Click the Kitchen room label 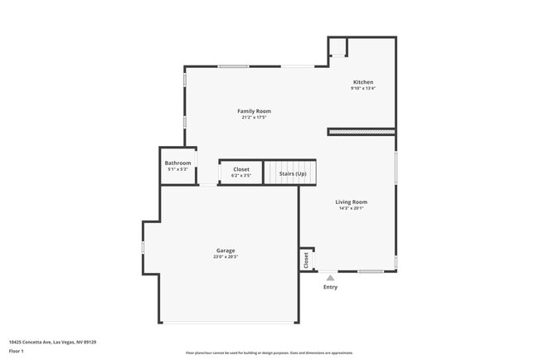[363, 82]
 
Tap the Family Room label [254, 111]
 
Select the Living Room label [351, 202]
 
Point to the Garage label [226, 251]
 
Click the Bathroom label [177, 163]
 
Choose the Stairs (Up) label [292, 173]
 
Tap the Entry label [330, 287]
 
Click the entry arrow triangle [330, 278]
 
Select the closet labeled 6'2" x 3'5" [240, 172]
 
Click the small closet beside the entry [306, 260]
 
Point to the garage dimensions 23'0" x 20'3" [226, 257]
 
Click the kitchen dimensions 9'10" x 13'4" [363, 89]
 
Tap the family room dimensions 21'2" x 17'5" [254, 118]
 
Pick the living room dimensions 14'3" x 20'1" [351, 208]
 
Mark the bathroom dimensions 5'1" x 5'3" [177, 169]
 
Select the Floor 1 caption [17, 351]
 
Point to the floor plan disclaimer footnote [269, 353]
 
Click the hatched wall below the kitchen [361, 131]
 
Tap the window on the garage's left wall [143, 246]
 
